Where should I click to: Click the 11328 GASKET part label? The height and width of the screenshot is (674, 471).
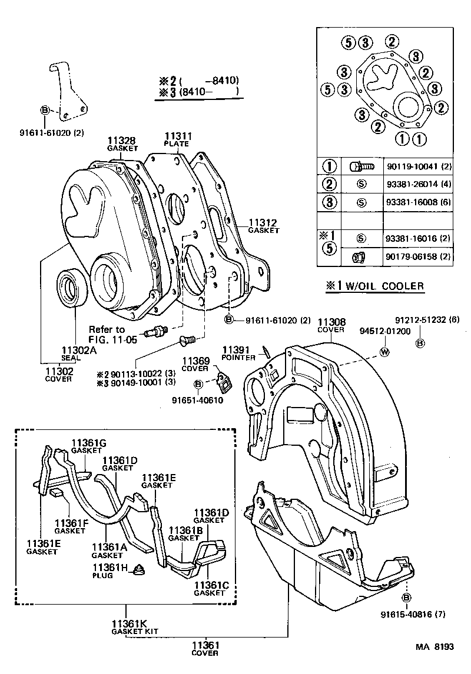(122, 144)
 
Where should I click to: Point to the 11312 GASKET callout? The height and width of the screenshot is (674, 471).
(263, 226)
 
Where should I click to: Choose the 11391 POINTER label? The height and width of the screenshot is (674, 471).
(238, 353)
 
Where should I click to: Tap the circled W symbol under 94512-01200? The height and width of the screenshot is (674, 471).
(384, 352)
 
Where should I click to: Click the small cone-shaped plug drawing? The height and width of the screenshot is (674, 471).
(140, 569)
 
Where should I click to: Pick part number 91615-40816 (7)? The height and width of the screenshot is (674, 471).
(407, 612)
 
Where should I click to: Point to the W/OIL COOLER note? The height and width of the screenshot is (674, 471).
(375, 286)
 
